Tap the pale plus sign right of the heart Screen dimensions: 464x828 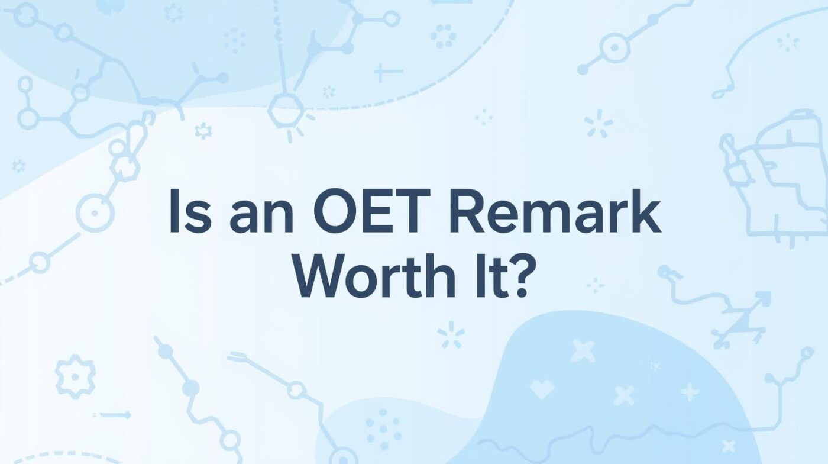(689, 391)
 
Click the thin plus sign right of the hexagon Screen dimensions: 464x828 (387, 73)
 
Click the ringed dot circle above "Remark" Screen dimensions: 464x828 (613, 47)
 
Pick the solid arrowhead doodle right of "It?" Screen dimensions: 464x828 (763, 297)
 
